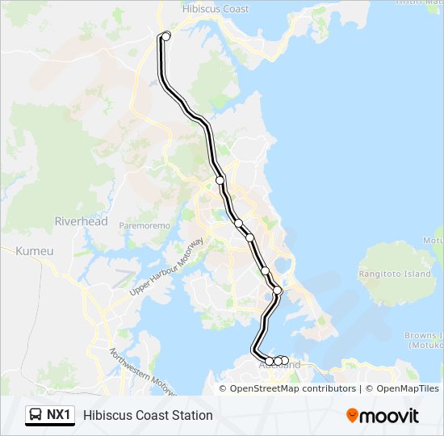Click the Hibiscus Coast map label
tap(216, 8)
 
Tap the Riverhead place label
tap(81, 221)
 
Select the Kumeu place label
tap(35, 251)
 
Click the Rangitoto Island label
tap(396, 274)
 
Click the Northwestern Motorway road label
tap(143, 374)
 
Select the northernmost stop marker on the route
tap(166, 36)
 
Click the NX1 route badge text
tap(58, 415)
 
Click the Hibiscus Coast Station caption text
tap(148, 415)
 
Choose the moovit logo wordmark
tap(390, 416)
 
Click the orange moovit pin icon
tap(352, 415)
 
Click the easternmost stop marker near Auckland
tap(285, 360)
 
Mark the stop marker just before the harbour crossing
tap(278, 290)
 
